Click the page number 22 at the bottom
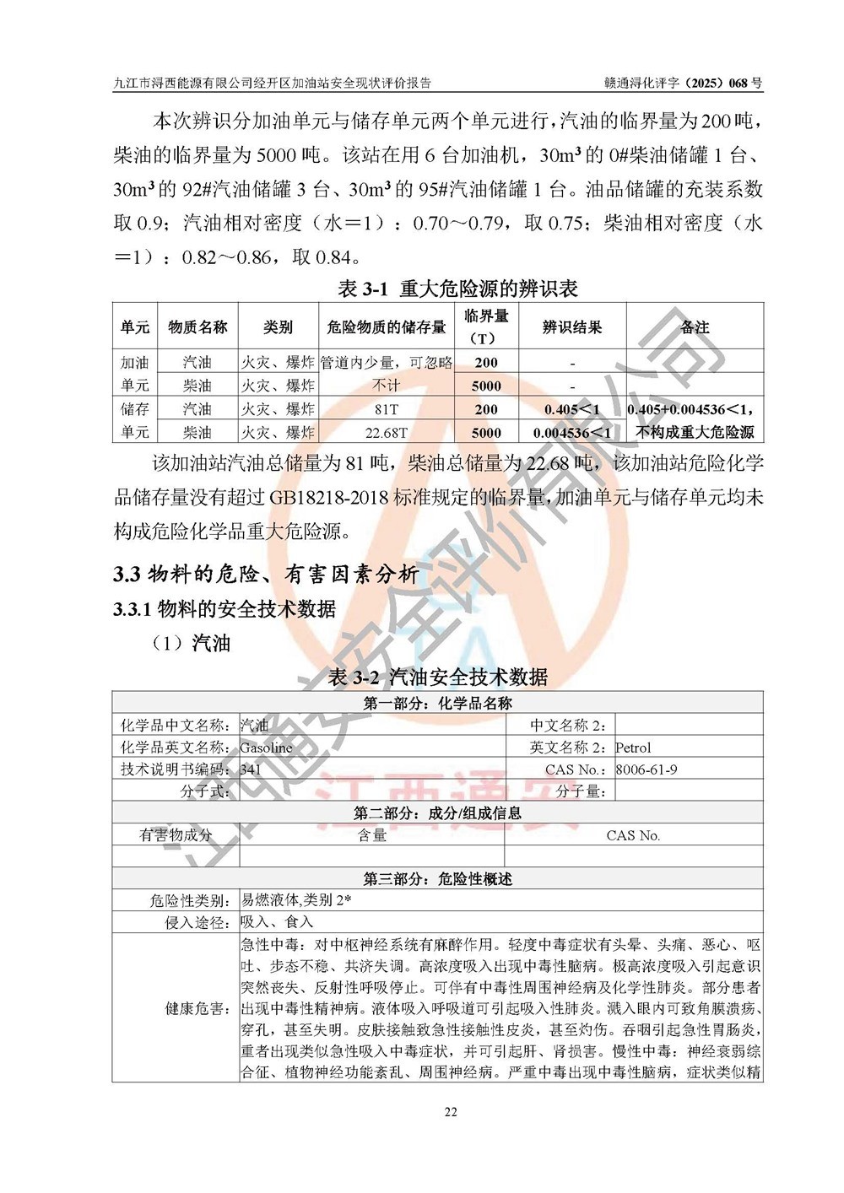tap(451, 1112)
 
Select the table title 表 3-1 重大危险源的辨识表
tap(457, 289)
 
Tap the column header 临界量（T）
tap(486, 327)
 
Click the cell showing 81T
tap(387, 409)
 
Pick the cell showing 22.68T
tap(387, 433)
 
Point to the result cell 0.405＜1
tap(572, 409)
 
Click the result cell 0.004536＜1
tap(571, 433)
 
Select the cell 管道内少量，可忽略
tap(387, 363)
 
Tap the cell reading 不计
tap(387, 386)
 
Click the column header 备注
tap(695, 327)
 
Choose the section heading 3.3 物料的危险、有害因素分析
tap(266, 575)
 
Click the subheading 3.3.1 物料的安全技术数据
tap(225, 608)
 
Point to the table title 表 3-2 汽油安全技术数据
tap(438, 677)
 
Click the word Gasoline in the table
tap(266, 748)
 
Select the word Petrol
tap(633, 748)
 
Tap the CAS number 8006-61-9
tap(646, 769)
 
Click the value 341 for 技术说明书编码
tap(251, 769)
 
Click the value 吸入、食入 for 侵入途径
tap(277, 922)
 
